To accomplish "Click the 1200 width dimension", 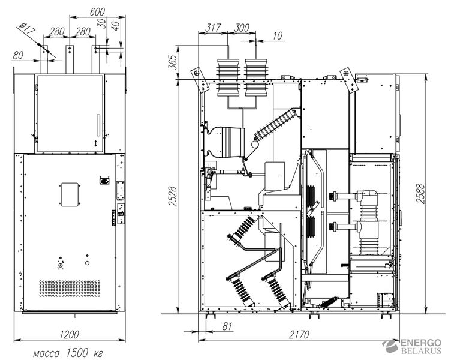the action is [69, 335].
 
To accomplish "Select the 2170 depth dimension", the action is [299, 335].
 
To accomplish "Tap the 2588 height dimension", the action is [420, 193].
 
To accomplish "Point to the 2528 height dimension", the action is [172, 196].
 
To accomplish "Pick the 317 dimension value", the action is [213, 28].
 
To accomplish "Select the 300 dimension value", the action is [242, 28].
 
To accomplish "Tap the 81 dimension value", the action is [227, 326].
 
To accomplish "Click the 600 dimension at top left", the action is [97, 12].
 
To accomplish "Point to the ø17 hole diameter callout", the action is [27, 29].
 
